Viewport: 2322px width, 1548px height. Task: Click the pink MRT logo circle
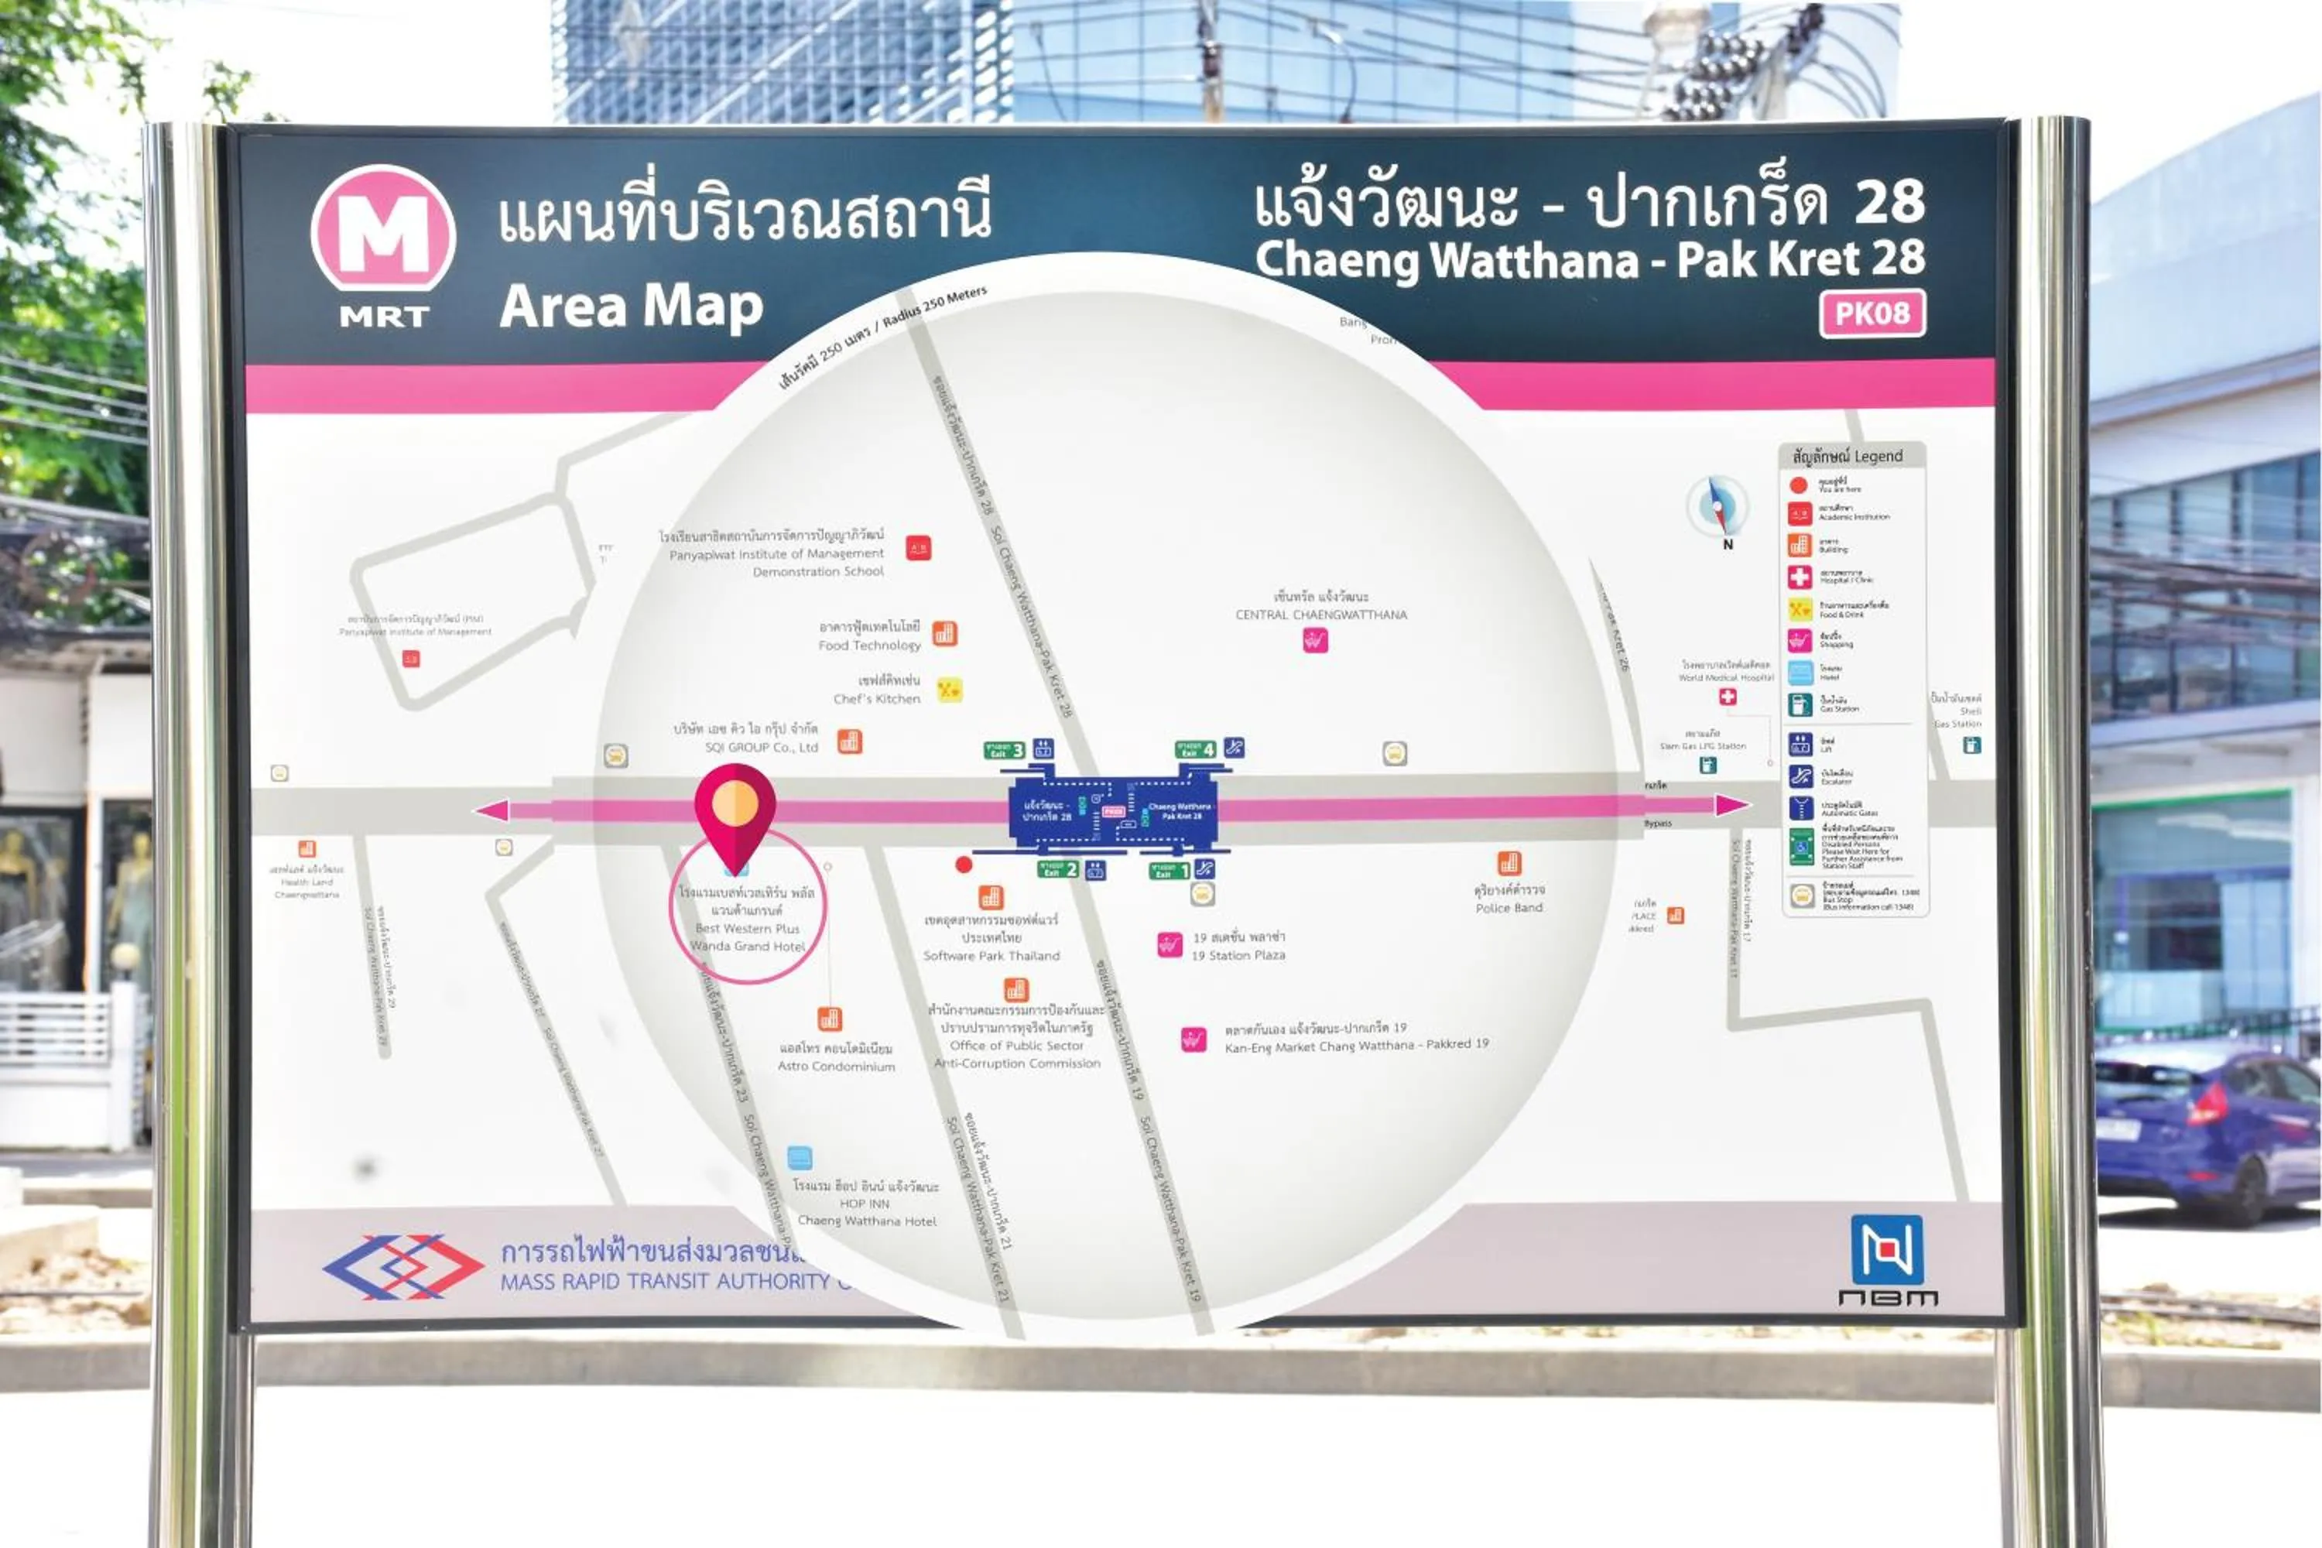383,229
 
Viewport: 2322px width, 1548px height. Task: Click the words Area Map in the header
631,306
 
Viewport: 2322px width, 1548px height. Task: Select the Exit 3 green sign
1005,749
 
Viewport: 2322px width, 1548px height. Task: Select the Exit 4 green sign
1194,749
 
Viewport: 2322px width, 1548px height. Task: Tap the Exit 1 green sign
1170,870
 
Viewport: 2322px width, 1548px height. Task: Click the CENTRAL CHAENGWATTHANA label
1321,614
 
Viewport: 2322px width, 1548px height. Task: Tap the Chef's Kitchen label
877,699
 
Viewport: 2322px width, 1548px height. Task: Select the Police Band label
1509,907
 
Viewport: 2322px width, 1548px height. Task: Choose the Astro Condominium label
836,1067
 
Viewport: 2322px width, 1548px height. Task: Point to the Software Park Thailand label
991,956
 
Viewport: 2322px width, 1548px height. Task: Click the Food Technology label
868,646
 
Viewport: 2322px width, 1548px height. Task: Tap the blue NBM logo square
1887,1250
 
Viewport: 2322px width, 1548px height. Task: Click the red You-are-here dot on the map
964,865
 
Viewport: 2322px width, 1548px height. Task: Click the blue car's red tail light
2211,1104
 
